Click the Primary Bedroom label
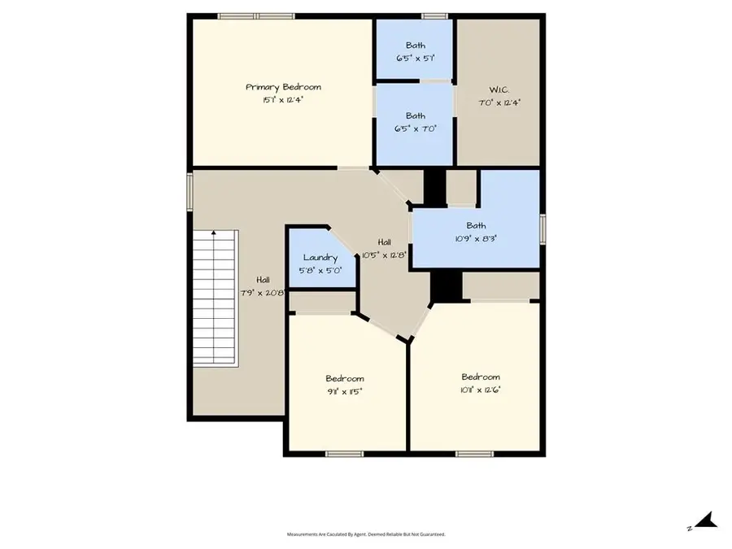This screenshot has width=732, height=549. [283, 87]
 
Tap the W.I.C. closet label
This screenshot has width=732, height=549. [498, 89]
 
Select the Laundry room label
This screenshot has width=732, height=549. [320, 258]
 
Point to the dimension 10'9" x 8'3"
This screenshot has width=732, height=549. [476, 239]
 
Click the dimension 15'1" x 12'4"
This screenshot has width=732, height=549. [283, 100]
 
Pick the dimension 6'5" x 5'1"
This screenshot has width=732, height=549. [415, 59]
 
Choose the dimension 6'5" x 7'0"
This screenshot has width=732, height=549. [415, 129]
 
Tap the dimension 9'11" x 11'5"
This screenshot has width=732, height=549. [345, 391]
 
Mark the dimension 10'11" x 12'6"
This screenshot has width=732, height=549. [480, 390]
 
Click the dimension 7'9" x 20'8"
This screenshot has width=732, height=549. [261, 293]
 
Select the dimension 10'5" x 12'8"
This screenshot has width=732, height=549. [384, 255]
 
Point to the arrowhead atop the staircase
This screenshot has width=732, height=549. [214, 233]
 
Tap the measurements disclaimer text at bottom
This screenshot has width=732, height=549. [366, 534]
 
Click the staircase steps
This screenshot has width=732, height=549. [215, 301]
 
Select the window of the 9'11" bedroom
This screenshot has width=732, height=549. [344, 453]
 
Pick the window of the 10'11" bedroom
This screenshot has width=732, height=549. [474, 453]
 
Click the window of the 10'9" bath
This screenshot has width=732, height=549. [542, 228]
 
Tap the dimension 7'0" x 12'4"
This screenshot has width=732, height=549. [498, 102]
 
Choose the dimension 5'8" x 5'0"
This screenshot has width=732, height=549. [320, 271]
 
